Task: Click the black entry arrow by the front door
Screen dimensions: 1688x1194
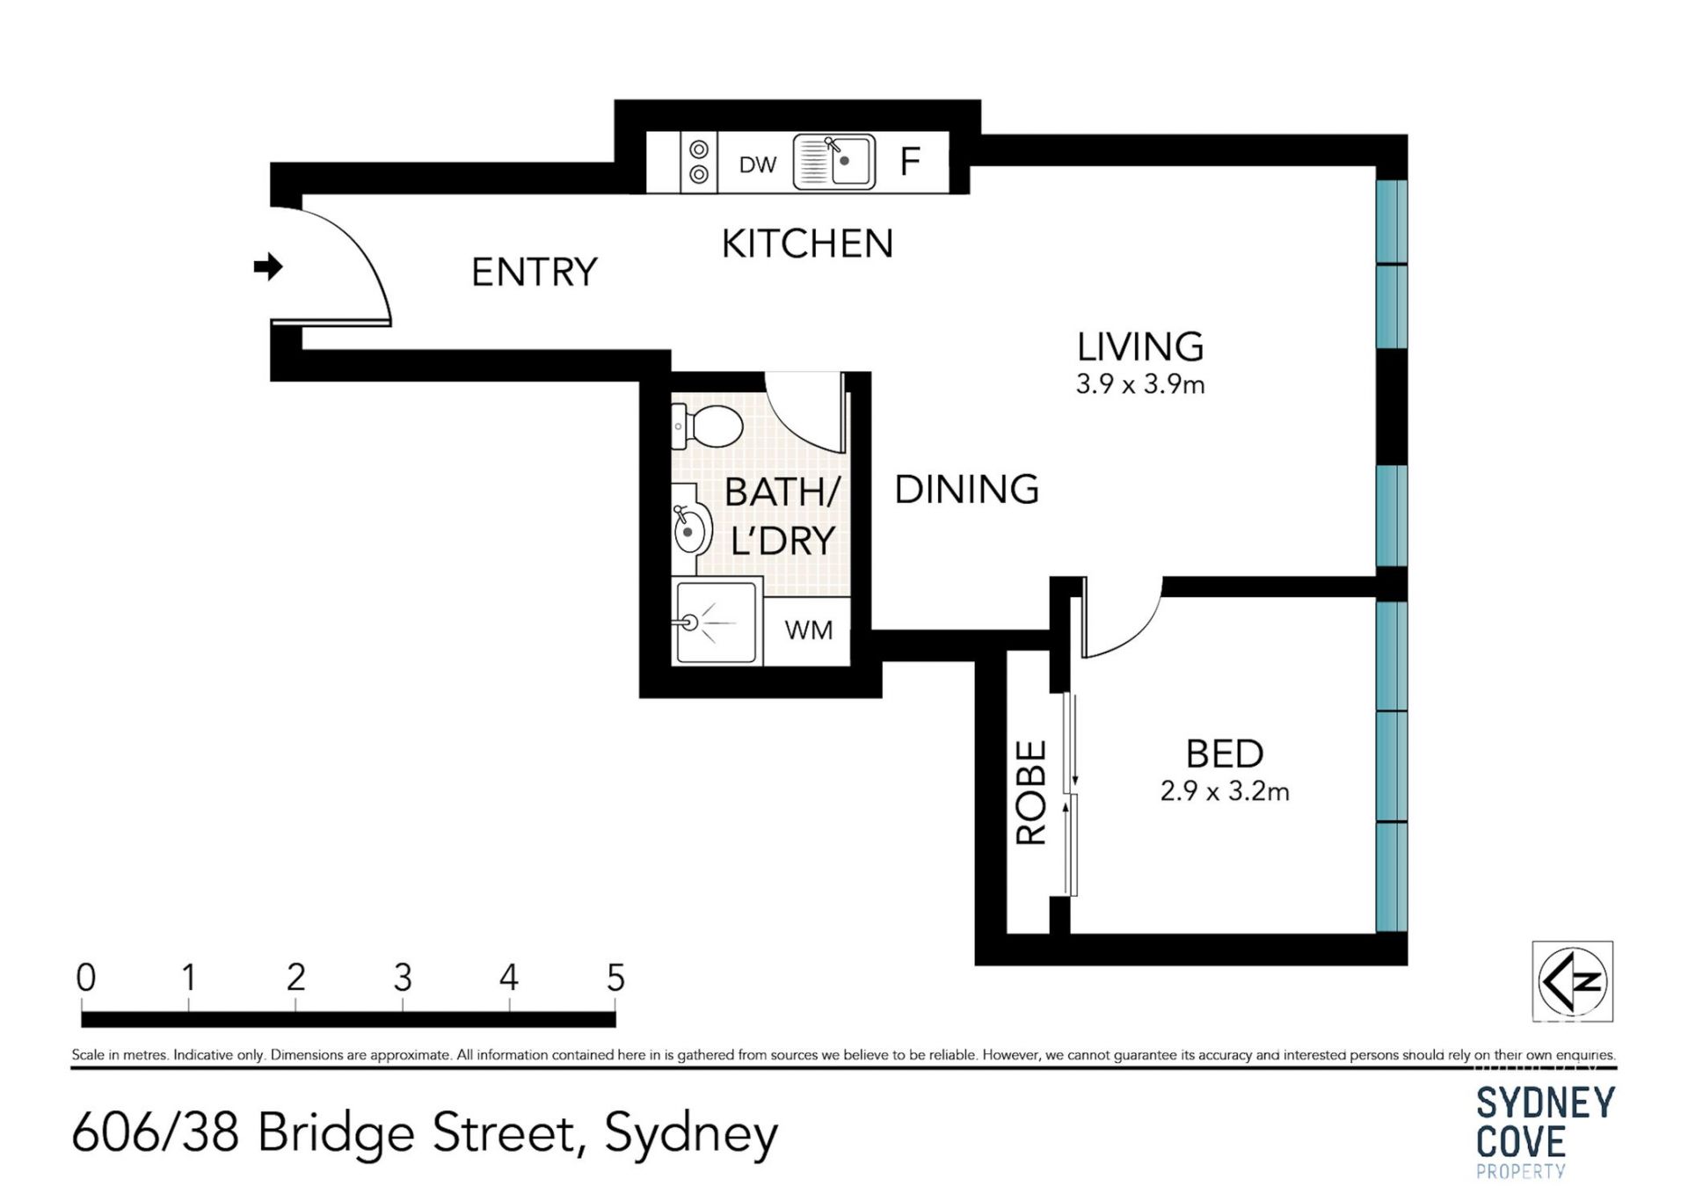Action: coord(268,266)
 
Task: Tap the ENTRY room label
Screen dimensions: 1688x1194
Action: coord(535,273)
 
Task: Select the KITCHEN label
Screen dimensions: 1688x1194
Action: coord(807,244)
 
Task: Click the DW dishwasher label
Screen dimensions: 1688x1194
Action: coord(758,164)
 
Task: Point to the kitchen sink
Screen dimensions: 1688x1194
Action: coord(833,162)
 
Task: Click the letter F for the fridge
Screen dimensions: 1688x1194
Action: coord(910,162)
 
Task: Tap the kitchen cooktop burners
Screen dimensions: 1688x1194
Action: coord(699,162)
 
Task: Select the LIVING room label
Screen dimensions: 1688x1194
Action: coord(1140,347)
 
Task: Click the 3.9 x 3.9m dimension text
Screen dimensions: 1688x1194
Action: coord(1140,384)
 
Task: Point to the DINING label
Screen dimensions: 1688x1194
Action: coord(966,490)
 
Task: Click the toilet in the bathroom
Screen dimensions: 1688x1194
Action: coord(707,427)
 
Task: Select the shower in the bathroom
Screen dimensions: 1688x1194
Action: coord(717,622)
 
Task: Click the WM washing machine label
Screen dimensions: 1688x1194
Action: coord(808,630)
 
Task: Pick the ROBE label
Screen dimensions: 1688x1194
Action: coord(1031,793)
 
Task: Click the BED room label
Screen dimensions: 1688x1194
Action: coord(1225,754)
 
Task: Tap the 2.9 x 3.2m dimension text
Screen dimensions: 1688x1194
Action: coord(1225,791)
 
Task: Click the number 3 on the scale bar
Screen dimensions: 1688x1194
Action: coord(403,978)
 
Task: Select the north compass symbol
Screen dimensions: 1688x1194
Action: coord(1573,981)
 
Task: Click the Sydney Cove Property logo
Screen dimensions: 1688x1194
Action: coord(1545,1131)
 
